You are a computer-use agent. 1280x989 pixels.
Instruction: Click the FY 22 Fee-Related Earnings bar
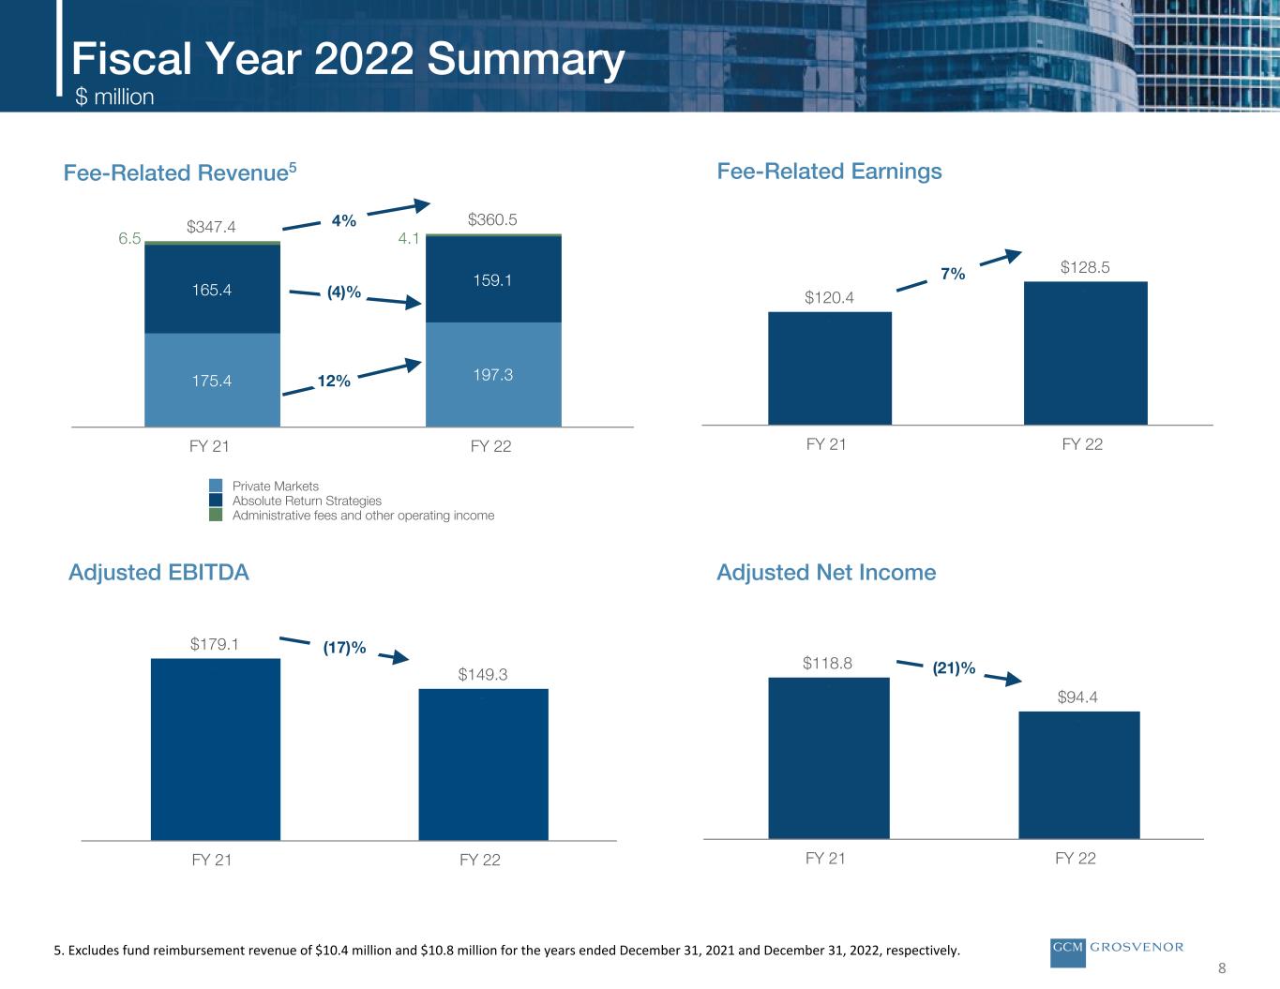tap(1085, 353)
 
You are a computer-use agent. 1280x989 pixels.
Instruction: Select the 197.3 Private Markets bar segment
tap(493, 374)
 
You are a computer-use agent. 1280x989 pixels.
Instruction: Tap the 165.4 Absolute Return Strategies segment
tap(212, 289)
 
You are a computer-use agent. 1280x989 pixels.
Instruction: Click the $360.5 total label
tap(493, 219)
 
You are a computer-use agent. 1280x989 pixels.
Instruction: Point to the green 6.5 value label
tap(129, 239)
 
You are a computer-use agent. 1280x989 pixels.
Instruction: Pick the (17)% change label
tap(344, 647)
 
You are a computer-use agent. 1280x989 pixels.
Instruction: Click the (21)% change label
tap(954, 668)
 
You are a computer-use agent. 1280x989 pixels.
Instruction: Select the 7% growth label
tap(953, 274)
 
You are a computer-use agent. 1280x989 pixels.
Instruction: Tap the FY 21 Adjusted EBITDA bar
tap(215, 749)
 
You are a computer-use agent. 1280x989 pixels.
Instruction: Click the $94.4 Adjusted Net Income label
tap(1077, 697)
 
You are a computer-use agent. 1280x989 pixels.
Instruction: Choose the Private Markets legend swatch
tap(216, 486)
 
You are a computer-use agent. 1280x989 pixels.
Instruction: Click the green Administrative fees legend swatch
tap(216, 515)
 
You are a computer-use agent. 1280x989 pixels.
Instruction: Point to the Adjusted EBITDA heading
tap(159, 572)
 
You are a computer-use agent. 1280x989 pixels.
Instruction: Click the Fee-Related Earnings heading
tap(829, 171)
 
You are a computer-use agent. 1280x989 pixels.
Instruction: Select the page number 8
tap(1222, 968)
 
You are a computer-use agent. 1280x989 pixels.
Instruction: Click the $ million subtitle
tap(114, 97)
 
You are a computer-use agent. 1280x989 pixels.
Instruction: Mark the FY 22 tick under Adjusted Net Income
tap(1076, 858)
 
